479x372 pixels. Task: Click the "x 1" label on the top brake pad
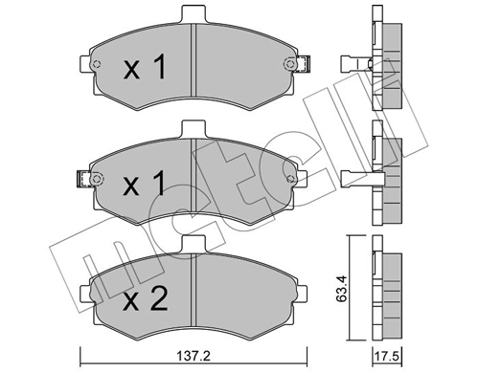pyautogui.click(x=146, y=69)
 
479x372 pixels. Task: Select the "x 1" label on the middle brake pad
pyautogui.click(x=146, y=183)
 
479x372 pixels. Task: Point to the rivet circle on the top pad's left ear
pyautogui.click(x=97, y=64)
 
